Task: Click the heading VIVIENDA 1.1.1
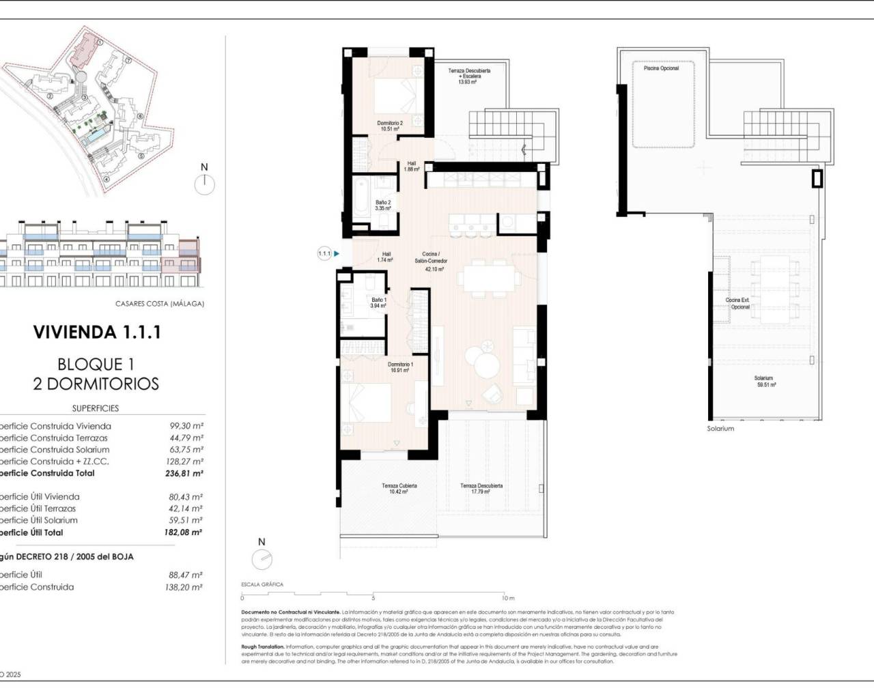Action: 97,332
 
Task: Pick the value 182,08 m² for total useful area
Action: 183,532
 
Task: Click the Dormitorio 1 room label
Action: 401,367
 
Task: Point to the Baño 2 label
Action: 383,205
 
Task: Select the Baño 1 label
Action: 378,303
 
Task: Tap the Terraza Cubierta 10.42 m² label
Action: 399,489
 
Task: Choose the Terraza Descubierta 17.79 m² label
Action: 481,489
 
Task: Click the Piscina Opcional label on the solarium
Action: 661,68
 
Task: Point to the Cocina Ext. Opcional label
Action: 737,304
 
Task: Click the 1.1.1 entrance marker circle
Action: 324,254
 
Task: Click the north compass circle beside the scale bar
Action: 262,560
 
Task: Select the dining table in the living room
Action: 488,278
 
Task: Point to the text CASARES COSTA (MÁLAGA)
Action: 159,304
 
